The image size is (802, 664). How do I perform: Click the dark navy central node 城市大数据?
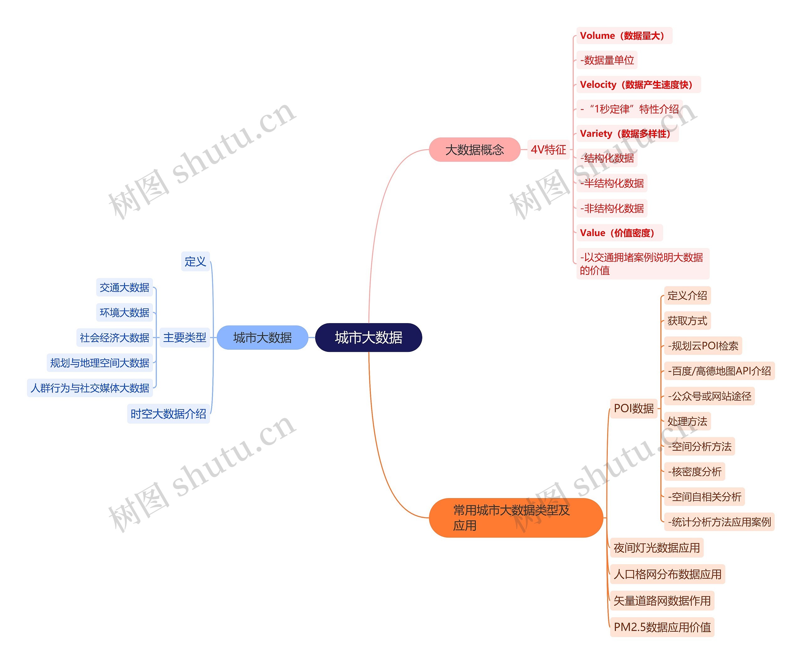pyautogui.click(x=368, y=337)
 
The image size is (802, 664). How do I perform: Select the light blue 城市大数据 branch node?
pyautogui.click(x=262, y=337)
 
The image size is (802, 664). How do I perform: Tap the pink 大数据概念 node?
pyautogui.click(x=474, y=150)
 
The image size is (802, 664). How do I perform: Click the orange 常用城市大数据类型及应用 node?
pyautogui.click(x=516, y=517)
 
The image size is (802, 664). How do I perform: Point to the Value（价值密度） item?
pyautogui.click(x=619, y=233)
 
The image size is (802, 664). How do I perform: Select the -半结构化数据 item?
pyautogui.click(x=612, y=183)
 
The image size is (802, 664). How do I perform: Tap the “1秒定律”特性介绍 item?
pyautogui.click(x=629, y=109)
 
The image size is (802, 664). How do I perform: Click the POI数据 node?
pyautogui.click(x=633, y=408)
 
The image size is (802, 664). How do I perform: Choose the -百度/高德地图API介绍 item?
pyautogui.click(x=719, y=371)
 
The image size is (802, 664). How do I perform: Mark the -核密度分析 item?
pyautogui.click(x=694, y=472)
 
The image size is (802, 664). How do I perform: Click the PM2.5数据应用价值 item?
pyautogui.click(x=662, y=627)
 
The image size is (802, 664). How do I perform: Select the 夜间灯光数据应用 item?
pyautogui.click(x=657, y=548)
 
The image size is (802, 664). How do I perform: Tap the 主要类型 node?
pyautogui.click(x=185, y=337)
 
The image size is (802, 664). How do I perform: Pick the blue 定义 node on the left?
pyautogui.click(x=195, y=262)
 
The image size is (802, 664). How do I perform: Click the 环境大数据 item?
pyautogui.click(x=124, y=312)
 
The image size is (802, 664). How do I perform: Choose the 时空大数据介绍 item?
pyautogui.click(x=169, y=414)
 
